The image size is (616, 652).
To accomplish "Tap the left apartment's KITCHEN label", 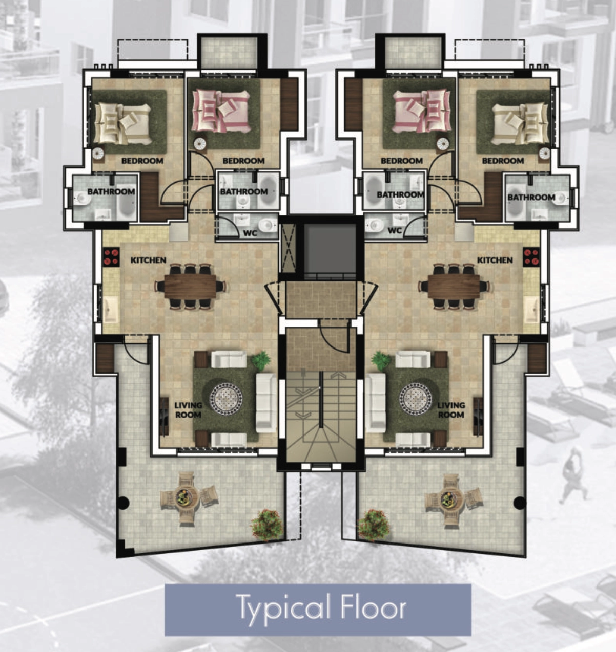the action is (x=148, y=260).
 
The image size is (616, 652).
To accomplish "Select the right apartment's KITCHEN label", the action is (x=495, y=260).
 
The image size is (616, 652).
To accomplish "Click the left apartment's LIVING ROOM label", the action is (x=188, y=410).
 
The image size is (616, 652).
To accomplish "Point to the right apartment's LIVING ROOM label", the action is (x=451, y=410).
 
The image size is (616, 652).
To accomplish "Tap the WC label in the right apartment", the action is (x=394, y=230).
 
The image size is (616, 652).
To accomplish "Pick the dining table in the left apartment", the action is (x=191, y=286).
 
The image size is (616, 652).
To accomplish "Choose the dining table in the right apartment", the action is (x=454, y=286).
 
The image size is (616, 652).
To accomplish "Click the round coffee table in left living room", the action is (x=226, y=399).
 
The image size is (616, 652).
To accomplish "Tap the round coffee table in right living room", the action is (x=416, y=399).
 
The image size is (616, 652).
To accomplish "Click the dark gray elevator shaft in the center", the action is (x=330, y=249).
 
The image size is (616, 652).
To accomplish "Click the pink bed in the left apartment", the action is (x=222, y=111).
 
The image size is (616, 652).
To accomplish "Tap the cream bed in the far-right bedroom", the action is (x=521, y=123).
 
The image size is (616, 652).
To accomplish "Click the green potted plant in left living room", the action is (x=261, y=360).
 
